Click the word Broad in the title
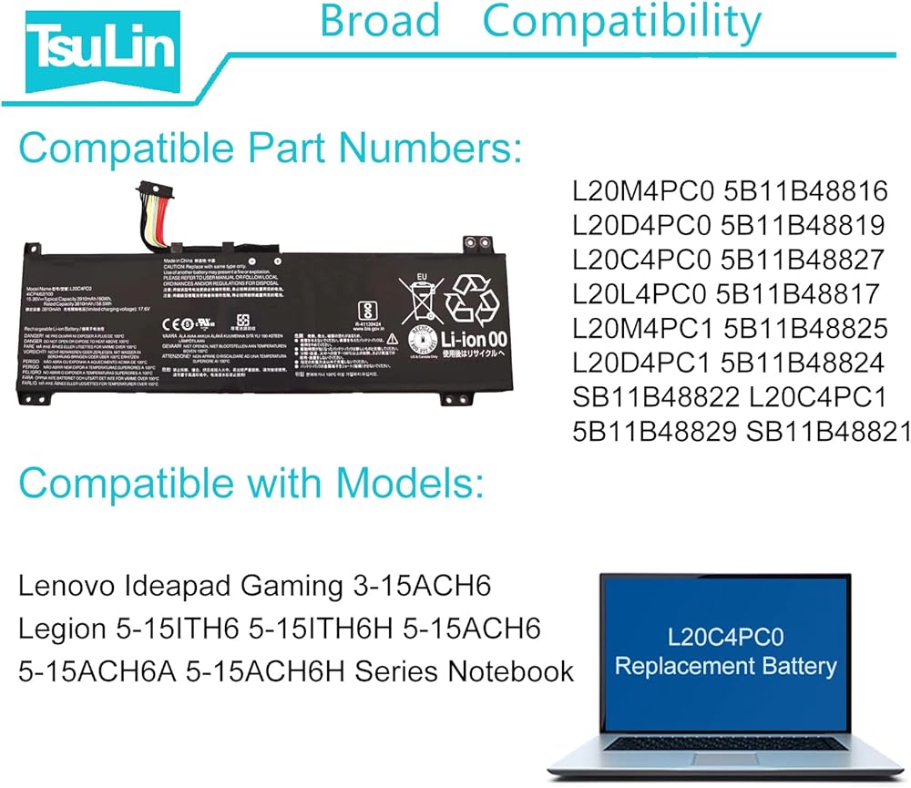[x=380, y=22]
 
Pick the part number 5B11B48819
[x=803, y=225]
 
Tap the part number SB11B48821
[x=829, y=432]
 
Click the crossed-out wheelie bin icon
[x=422, y=298]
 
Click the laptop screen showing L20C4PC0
[x=725, y=653]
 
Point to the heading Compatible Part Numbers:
[x=271, y=146]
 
